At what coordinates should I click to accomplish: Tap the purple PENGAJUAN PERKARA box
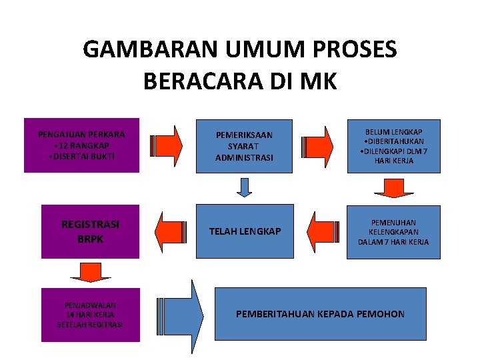pyautogui.click(x=82, y=145)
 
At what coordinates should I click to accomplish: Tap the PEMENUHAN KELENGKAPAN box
pyautogui.click(x=393, y=231)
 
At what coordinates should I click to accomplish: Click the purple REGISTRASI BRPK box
pyautogui.click(x=91, y=231)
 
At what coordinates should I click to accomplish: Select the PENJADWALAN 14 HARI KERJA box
pyautogui.click(x=91, y=315)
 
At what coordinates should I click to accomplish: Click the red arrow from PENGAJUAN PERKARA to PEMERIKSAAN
pyautogui.click(x=167, y=145)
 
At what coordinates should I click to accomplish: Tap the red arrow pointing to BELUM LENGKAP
pyautogui.click(x=317, y=145)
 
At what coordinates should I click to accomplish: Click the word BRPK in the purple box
pyautogui.click(x=91, y=238)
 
